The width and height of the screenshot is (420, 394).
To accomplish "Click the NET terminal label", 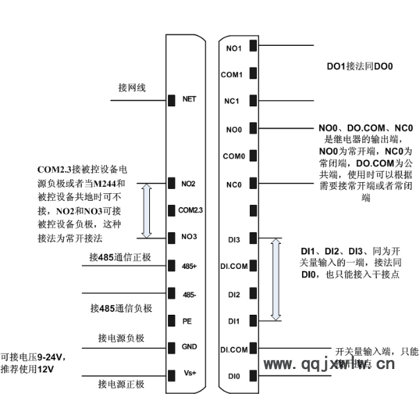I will click(189, 99).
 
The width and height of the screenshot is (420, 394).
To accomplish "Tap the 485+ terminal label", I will click(189, 266).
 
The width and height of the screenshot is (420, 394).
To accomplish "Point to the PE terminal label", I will click(187, 320).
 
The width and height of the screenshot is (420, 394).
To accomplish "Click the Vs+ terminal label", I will click(190, 373).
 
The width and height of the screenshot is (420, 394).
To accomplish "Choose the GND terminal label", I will click(189, 347).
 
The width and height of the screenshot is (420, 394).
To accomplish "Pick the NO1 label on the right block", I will click(234, 48).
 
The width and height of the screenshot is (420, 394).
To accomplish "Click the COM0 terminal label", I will click(233, 156).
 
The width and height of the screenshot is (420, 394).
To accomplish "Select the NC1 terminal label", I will click(233, 101).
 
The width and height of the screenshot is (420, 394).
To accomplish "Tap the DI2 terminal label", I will click(234, 295).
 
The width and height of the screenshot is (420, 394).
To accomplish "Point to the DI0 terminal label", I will click(234, 376).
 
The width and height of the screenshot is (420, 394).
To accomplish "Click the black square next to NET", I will click(171, 100).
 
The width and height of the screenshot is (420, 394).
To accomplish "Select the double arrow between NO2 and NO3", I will click(146, 210).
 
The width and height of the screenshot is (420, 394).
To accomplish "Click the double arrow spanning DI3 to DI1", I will click(276, 279).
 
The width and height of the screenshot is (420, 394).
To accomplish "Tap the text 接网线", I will click(132, 88).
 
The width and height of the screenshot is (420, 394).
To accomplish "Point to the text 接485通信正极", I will click(120, 257).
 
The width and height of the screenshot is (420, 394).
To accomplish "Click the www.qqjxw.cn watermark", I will click(330, 363).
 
